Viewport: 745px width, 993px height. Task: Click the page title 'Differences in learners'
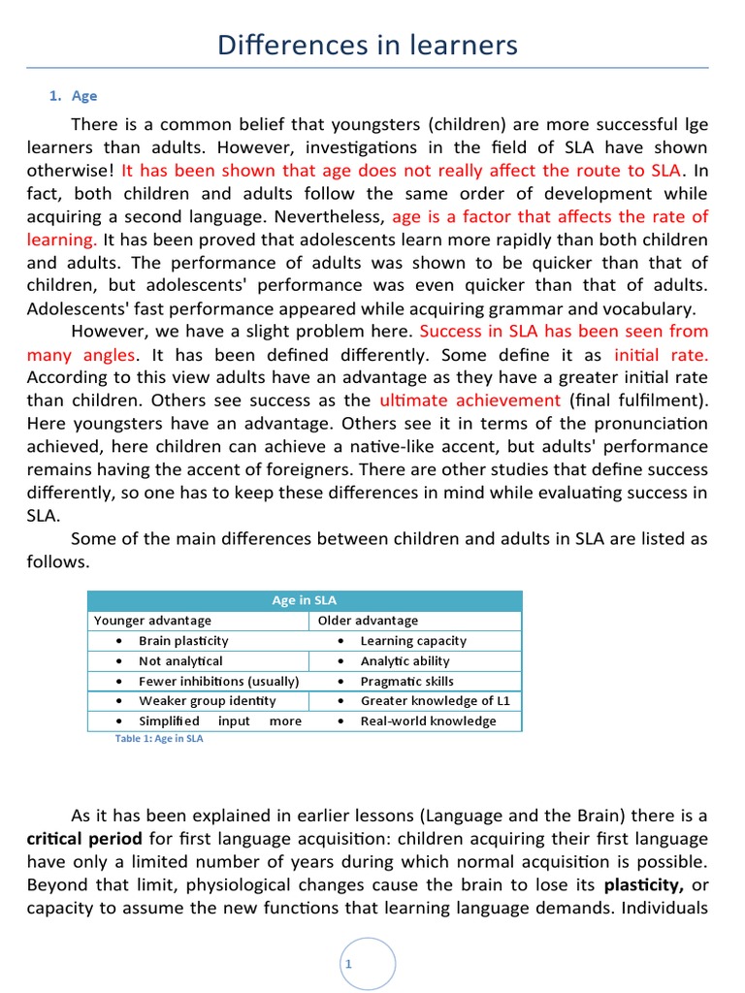tap(368, 45)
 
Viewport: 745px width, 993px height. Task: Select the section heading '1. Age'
tap(74, 96)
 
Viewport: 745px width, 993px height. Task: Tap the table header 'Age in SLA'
tap(305, 600)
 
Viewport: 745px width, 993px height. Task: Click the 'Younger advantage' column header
tap(152, 621)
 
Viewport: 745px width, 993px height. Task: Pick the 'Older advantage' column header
tap(369, 621)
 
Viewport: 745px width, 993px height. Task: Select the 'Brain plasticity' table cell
tap(183, 641)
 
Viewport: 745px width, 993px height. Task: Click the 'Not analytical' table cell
tap(180, 661)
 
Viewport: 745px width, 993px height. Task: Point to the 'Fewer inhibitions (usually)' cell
tap(218, 681)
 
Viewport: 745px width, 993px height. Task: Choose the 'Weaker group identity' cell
tap(207, 701)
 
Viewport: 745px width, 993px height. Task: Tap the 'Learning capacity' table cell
tap(413, 641)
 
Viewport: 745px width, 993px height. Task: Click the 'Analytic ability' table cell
tap(405, 661)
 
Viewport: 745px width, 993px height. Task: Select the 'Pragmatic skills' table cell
tap(406, 681)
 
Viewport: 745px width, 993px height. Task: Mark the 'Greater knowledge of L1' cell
tap(435, 701)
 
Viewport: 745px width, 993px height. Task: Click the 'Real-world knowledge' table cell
tap(428, 721)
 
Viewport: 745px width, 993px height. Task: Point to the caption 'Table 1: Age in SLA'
tap(159, 738)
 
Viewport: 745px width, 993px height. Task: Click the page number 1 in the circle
tap(346, 963)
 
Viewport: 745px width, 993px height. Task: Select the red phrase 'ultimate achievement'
tap(470, 400)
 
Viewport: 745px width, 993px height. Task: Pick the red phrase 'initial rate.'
tap(661, 355)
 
